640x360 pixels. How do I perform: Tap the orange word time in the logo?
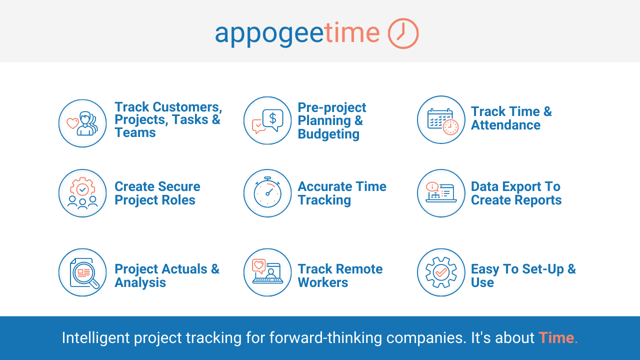[x=352, y=32]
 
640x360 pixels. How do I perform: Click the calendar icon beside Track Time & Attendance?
[x=442, y=121]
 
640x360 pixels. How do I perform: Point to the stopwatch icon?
[x=267, y=192]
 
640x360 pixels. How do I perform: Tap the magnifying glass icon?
[x=84, y=273]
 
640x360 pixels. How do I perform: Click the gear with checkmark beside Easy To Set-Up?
[x=441, y=272]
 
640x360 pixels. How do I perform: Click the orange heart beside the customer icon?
[x=72, y=123]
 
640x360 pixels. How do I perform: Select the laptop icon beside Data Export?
[x=441, y=192]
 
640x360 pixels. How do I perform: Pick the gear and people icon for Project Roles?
[x=82, y=193]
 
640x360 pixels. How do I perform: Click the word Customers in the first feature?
[x=187, y=107]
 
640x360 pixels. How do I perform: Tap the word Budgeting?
[x=328, y=134]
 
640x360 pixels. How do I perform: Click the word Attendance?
[x=505, y=125]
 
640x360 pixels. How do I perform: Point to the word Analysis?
[x=140, y=283]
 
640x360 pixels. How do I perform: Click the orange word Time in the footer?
[x=556, y=337]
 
